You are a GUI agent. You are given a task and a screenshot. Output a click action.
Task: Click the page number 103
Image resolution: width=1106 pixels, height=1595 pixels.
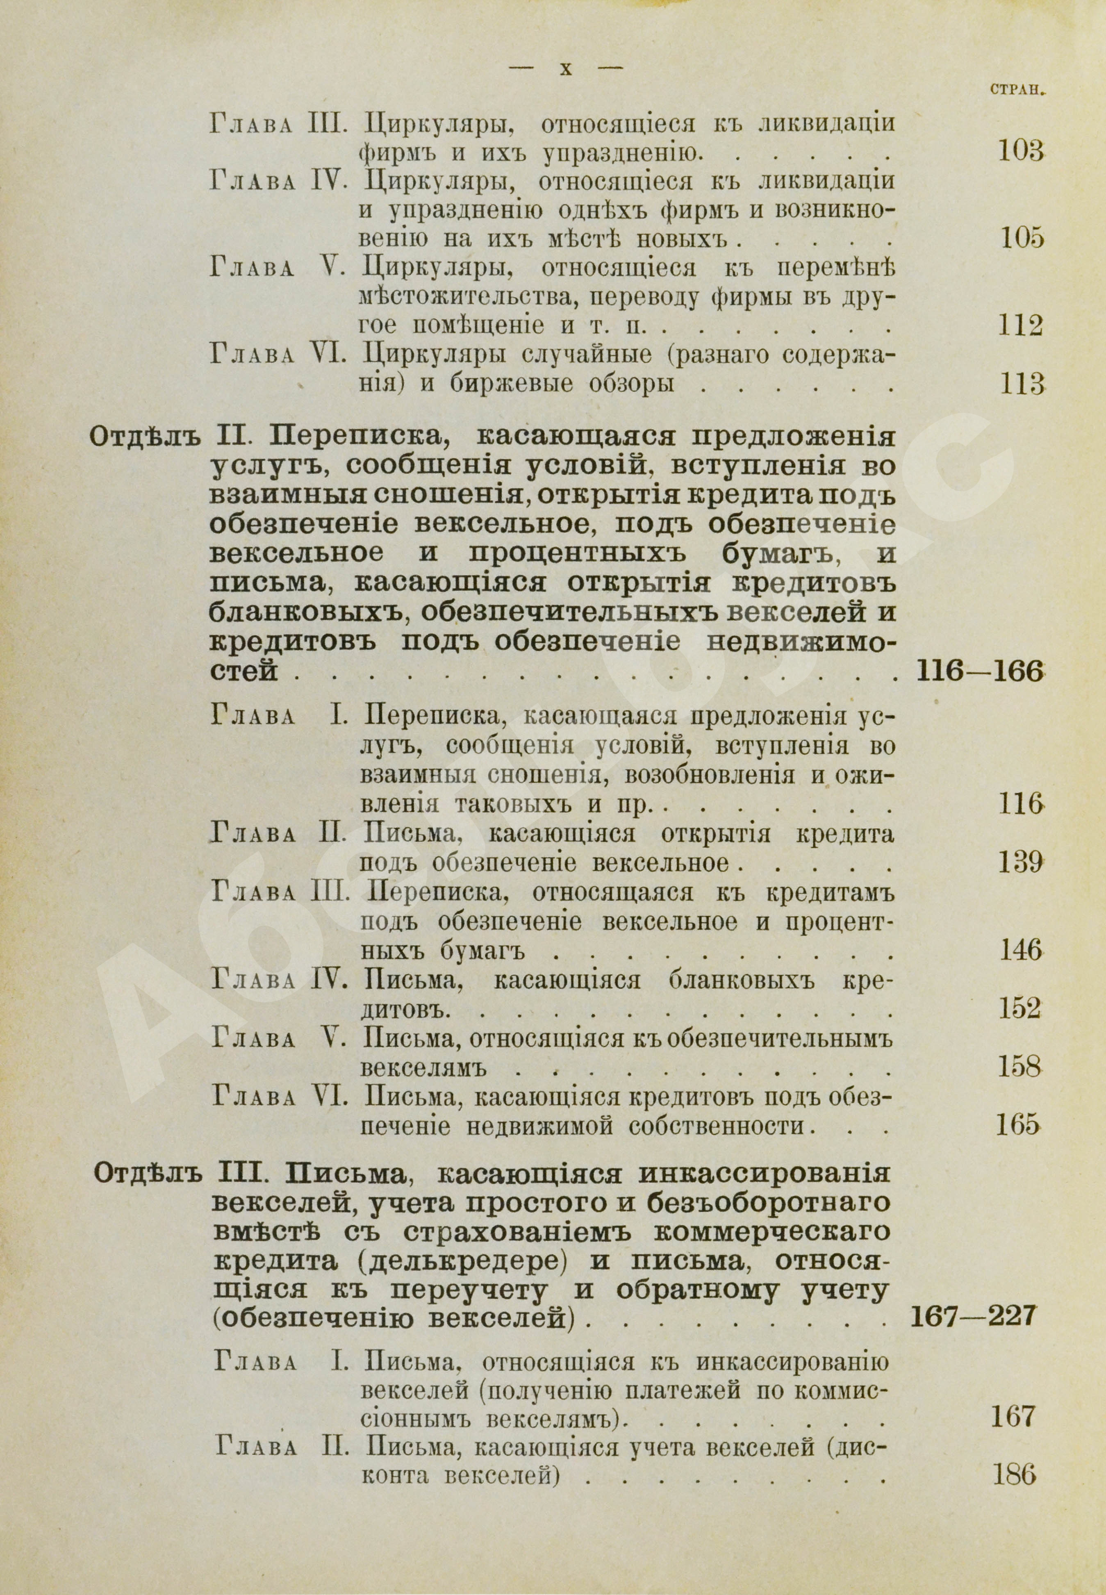tap(1020, 151)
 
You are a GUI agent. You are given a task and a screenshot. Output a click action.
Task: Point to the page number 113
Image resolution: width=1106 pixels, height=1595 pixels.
tap(1022, 383)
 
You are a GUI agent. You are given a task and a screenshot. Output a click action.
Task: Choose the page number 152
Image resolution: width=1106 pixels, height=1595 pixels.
tap(1020, 1009)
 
